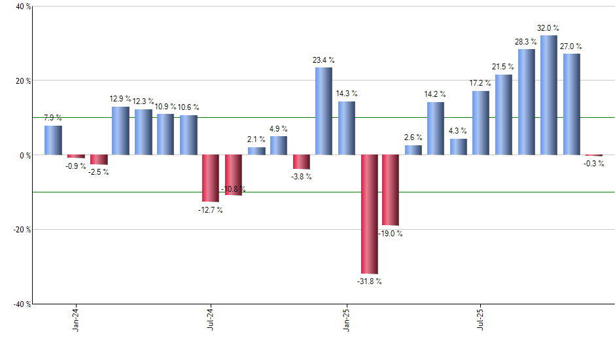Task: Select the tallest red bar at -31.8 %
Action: click(x=369, y=214)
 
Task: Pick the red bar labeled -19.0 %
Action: click(x=391, y=190)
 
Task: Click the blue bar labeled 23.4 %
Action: click(x=324, y=111)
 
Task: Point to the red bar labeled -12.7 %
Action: click(x=210, y=178)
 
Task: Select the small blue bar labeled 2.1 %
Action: click(x=256, y=151)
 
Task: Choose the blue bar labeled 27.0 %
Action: click(x=571, y=104)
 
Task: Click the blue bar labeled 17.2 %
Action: click(x=481, y=123)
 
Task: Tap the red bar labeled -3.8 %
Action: click(x=301, y=162)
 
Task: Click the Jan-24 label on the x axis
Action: click(x=76, y=318)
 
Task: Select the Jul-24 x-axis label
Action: click(x=211, y=318)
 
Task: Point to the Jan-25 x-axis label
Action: click(x=346, y=318)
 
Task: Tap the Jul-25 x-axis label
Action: click(x=481, y=318)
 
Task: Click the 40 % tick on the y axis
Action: click(x=16, y=7)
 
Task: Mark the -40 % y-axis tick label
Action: click(x=14, y=304)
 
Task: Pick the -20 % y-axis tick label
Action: click(x=14, y=230)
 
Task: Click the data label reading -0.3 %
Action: click(x=593, y=164)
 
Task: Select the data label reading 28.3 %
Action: click(x=526, y=42)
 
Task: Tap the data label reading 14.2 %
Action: click(x=435, y=94)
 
